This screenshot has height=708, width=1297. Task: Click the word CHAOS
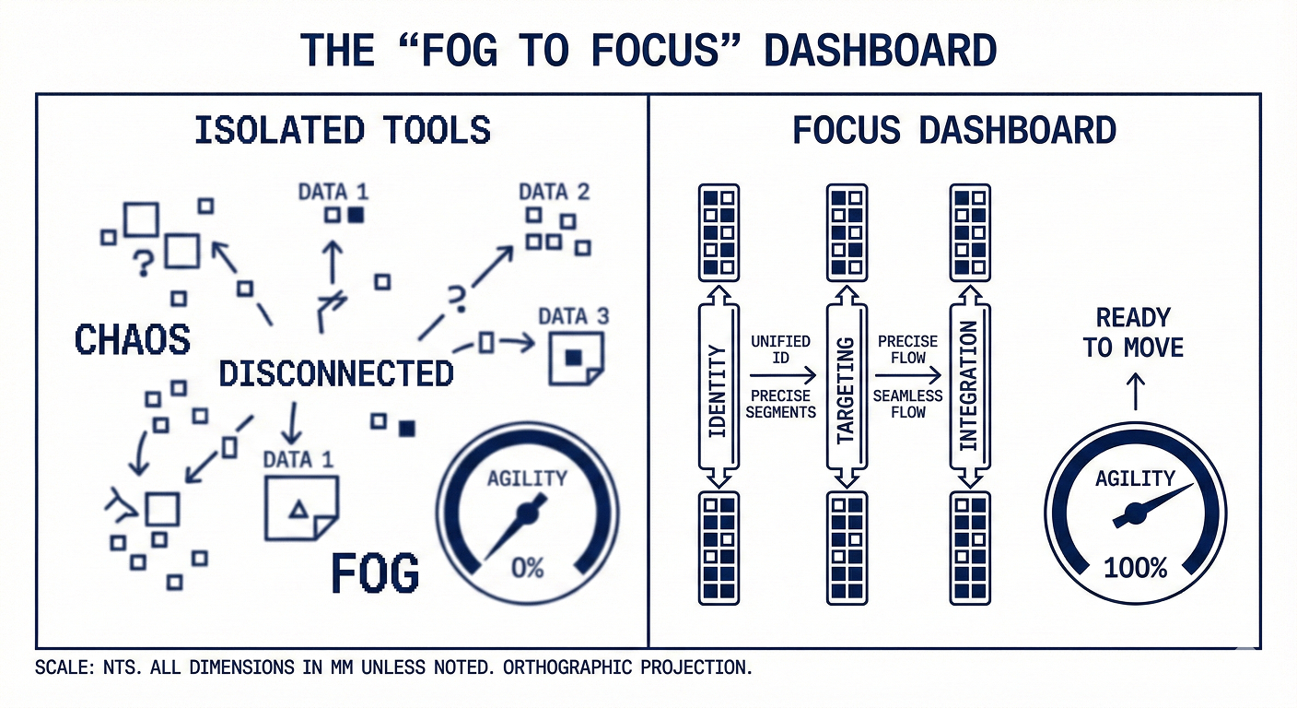(x=132, y=339)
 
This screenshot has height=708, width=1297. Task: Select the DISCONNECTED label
(x=336, y=373)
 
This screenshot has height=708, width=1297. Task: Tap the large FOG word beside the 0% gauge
(x=374, y=573)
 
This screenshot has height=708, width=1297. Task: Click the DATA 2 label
(x=554, y=192)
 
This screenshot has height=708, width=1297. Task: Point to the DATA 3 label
(x=573, y=316)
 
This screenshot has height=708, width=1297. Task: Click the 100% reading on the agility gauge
(x=1135, y=568)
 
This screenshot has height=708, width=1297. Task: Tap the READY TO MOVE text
(x=1133, y=333)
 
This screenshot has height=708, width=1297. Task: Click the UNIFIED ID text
(x=780, y=348)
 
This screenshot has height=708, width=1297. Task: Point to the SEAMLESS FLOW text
(x=907, y=404)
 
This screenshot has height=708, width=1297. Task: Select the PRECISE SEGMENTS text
(x=780, y=404)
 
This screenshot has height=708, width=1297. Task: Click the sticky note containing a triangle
(x=300, y=508)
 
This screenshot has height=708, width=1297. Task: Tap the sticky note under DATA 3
(x=575, y=358)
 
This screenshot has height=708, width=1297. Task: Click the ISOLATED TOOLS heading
(x=342, y=130)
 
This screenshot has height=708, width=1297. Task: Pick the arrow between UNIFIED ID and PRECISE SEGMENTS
(x=782, y=375)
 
